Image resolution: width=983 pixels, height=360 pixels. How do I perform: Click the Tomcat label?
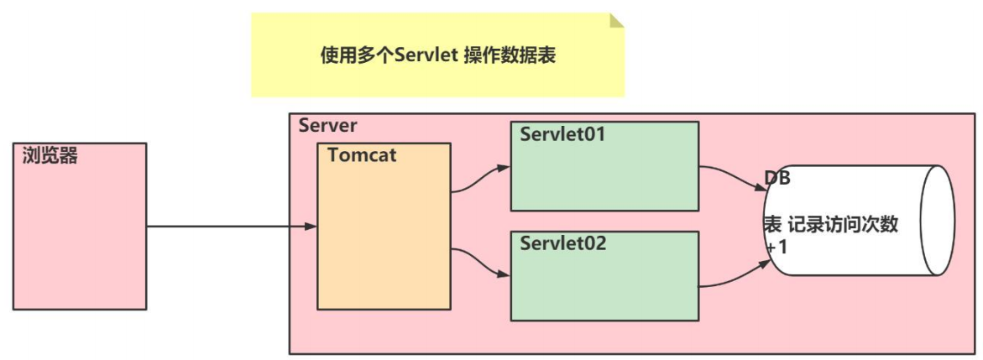coord(362,155)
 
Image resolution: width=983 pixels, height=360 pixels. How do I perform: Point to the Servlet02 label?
coord(562,244)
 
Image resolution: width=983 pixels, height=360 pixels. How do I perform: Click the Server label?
coord(327,126)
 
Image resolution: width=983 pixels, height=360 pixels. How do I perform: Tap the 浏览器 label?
coord(50,155)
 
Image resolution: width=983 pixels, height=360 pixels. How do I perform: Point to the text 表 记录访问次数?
coord(830,224)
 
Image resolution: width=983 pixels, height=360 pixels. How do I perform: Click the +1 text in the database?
coord(774,248)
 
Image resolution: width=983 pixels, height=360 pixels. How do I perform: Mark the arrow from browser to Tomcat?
coord(231,226)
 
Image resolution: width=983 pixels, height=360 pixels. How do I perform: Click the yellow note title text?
coord(438,55)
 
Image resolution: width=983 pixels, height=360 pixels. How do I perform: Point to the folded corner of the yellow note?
coord(617,20)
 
